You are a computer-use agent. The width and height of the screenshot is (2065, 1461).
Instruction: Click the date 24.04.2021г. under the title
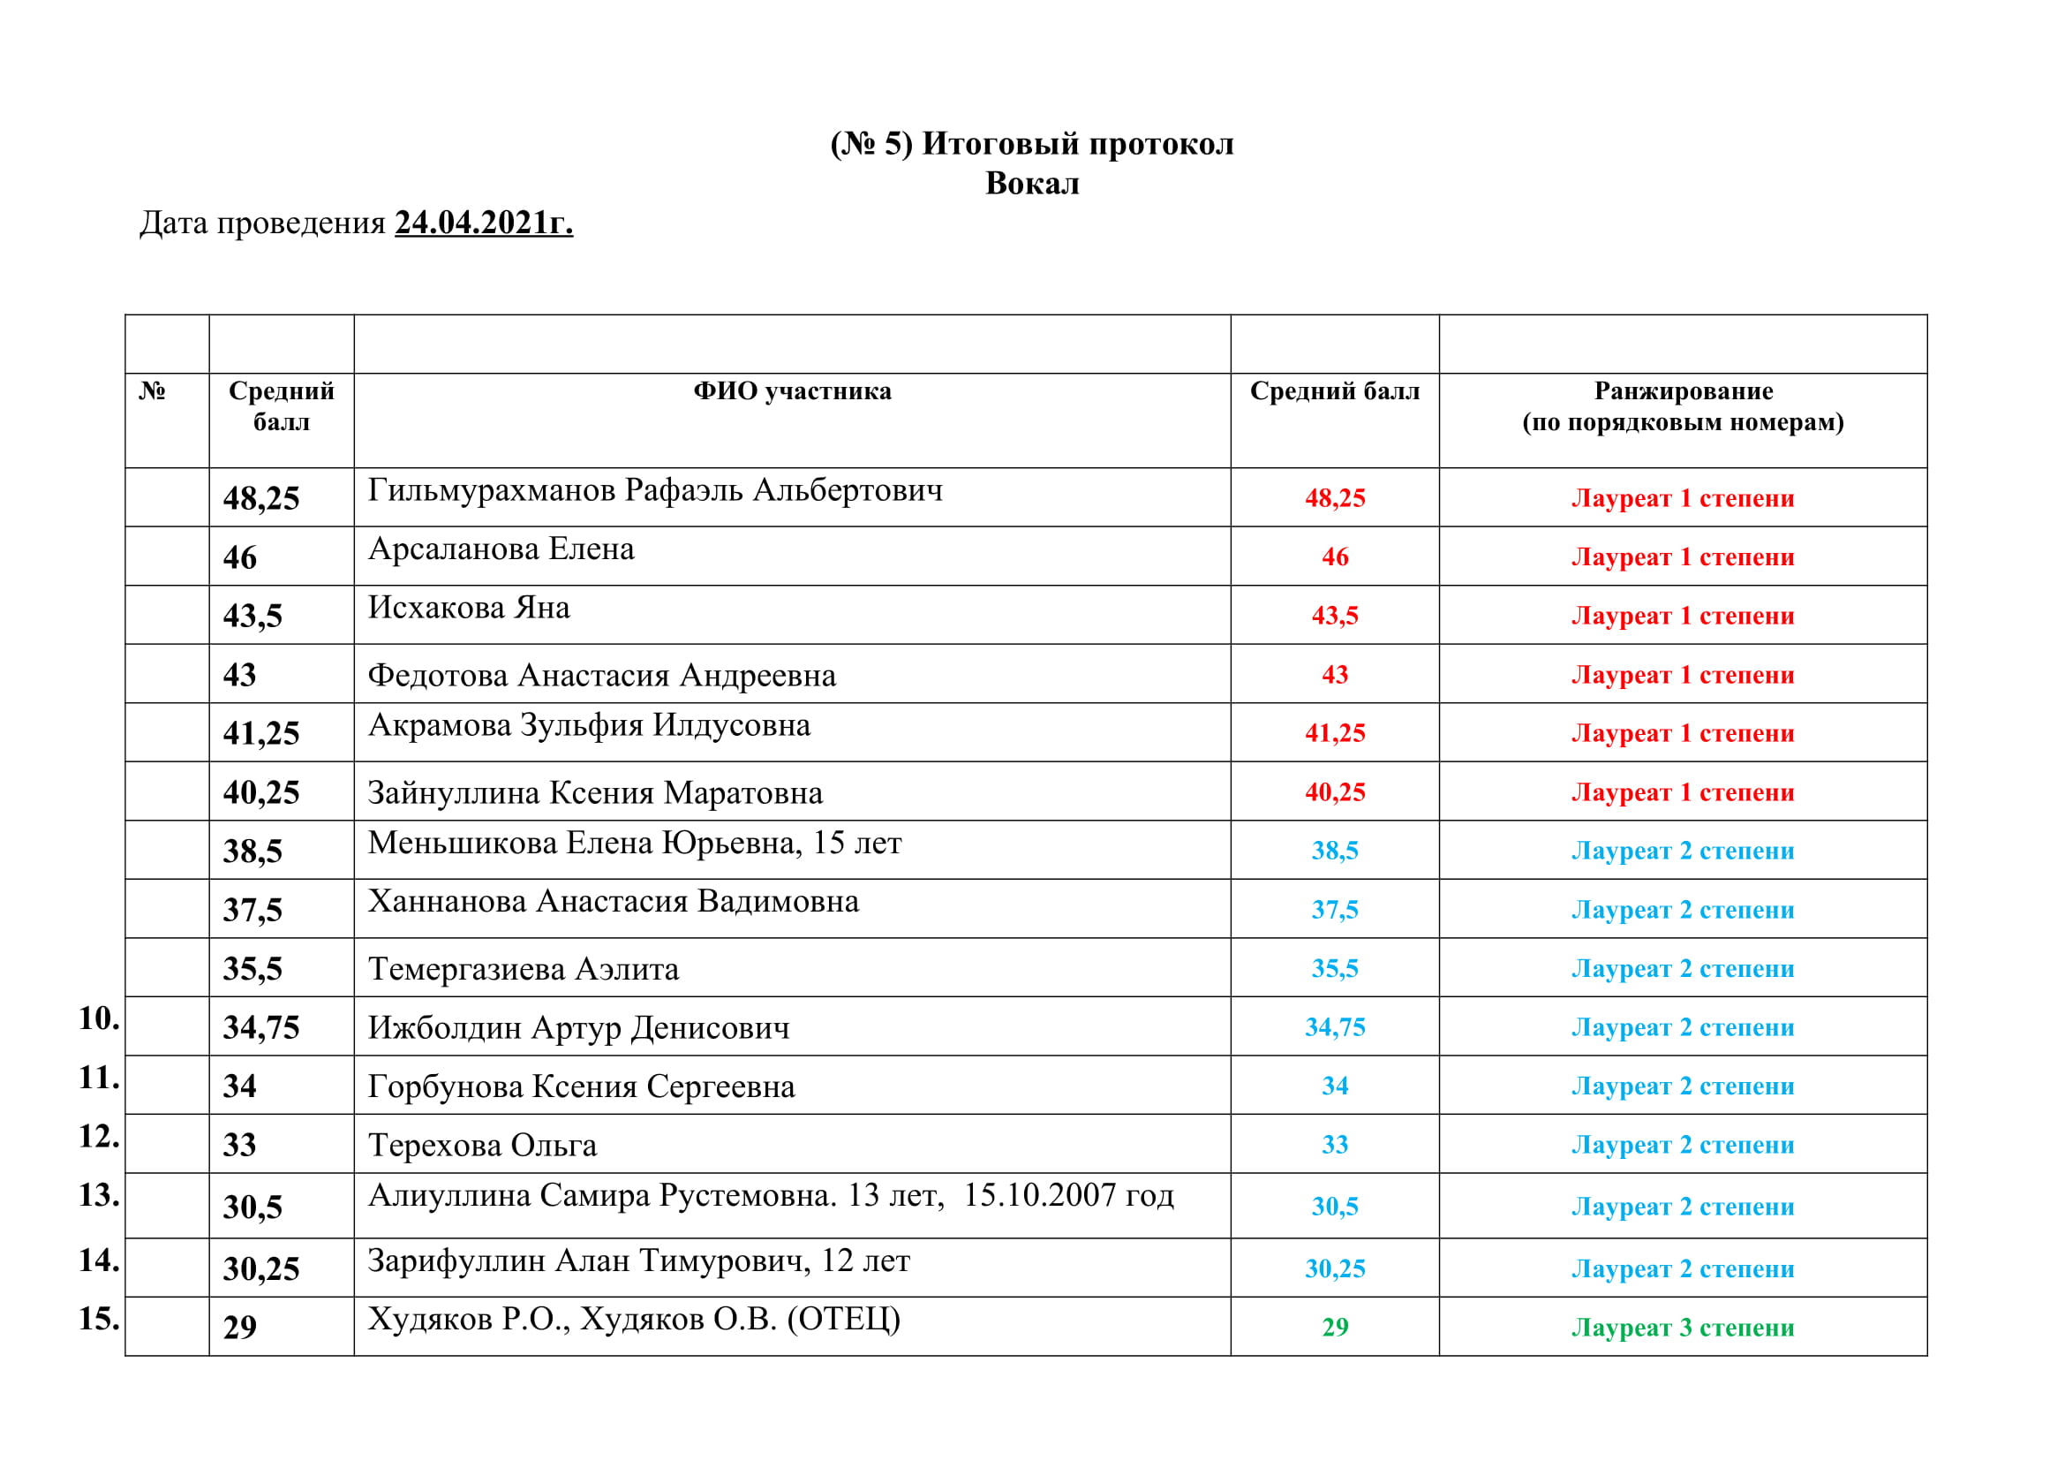(483, 223)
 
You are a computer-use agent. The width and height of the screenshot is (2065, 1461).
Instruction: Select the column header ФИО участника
(791, 391)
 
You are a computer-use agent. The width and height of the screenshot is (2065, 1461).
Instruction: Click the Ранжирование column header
(1683, 391)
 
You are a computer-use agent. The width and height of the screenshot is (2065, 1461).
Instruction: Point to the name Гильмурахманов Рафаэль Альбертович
(655, 490)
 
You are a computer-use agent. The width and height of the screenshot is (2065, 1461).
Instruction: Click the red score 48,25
(1335, 498)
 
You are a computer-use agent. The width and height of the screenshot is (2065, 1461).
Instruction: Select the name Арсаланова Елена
(501, 549)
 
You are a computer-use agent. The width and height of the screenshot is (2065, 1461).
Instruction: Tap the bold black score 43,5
(252, 617)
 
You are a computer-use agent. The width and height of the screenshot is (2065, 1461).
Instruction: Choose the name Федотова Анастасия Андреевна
(602, 676)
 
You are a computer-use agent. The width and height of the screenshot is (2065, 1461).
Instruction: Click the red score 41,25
(1335, 733)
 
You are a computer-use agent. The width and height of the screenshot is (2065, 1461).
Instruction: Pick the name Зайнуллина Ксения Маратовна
(594, 793)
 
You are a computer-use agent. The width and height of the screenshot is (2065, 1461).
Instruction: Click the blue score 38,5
(1335, 851)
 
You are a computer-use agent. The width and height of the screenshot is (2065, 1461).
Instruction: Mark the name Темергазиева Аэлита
(524, 970)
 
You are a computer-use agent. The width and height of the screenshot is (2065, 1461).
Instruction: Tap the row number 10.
(99, 1019)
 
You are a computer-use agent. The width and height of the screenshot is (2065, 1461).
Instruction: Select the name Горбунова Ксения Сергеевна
(581, 1087)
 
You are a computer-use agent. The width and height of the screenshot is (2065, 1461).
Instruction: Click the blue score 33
(1335, 1146)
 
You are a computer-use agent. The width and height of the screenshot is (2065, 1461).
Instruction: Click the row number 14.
(99, 1261)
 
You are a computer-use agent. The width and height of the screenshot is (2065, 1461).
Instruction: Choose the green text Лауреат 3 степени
(1682, 1328)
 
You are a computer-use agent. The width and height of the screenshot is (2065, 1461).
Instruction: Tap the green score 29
(1335, 1328)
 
